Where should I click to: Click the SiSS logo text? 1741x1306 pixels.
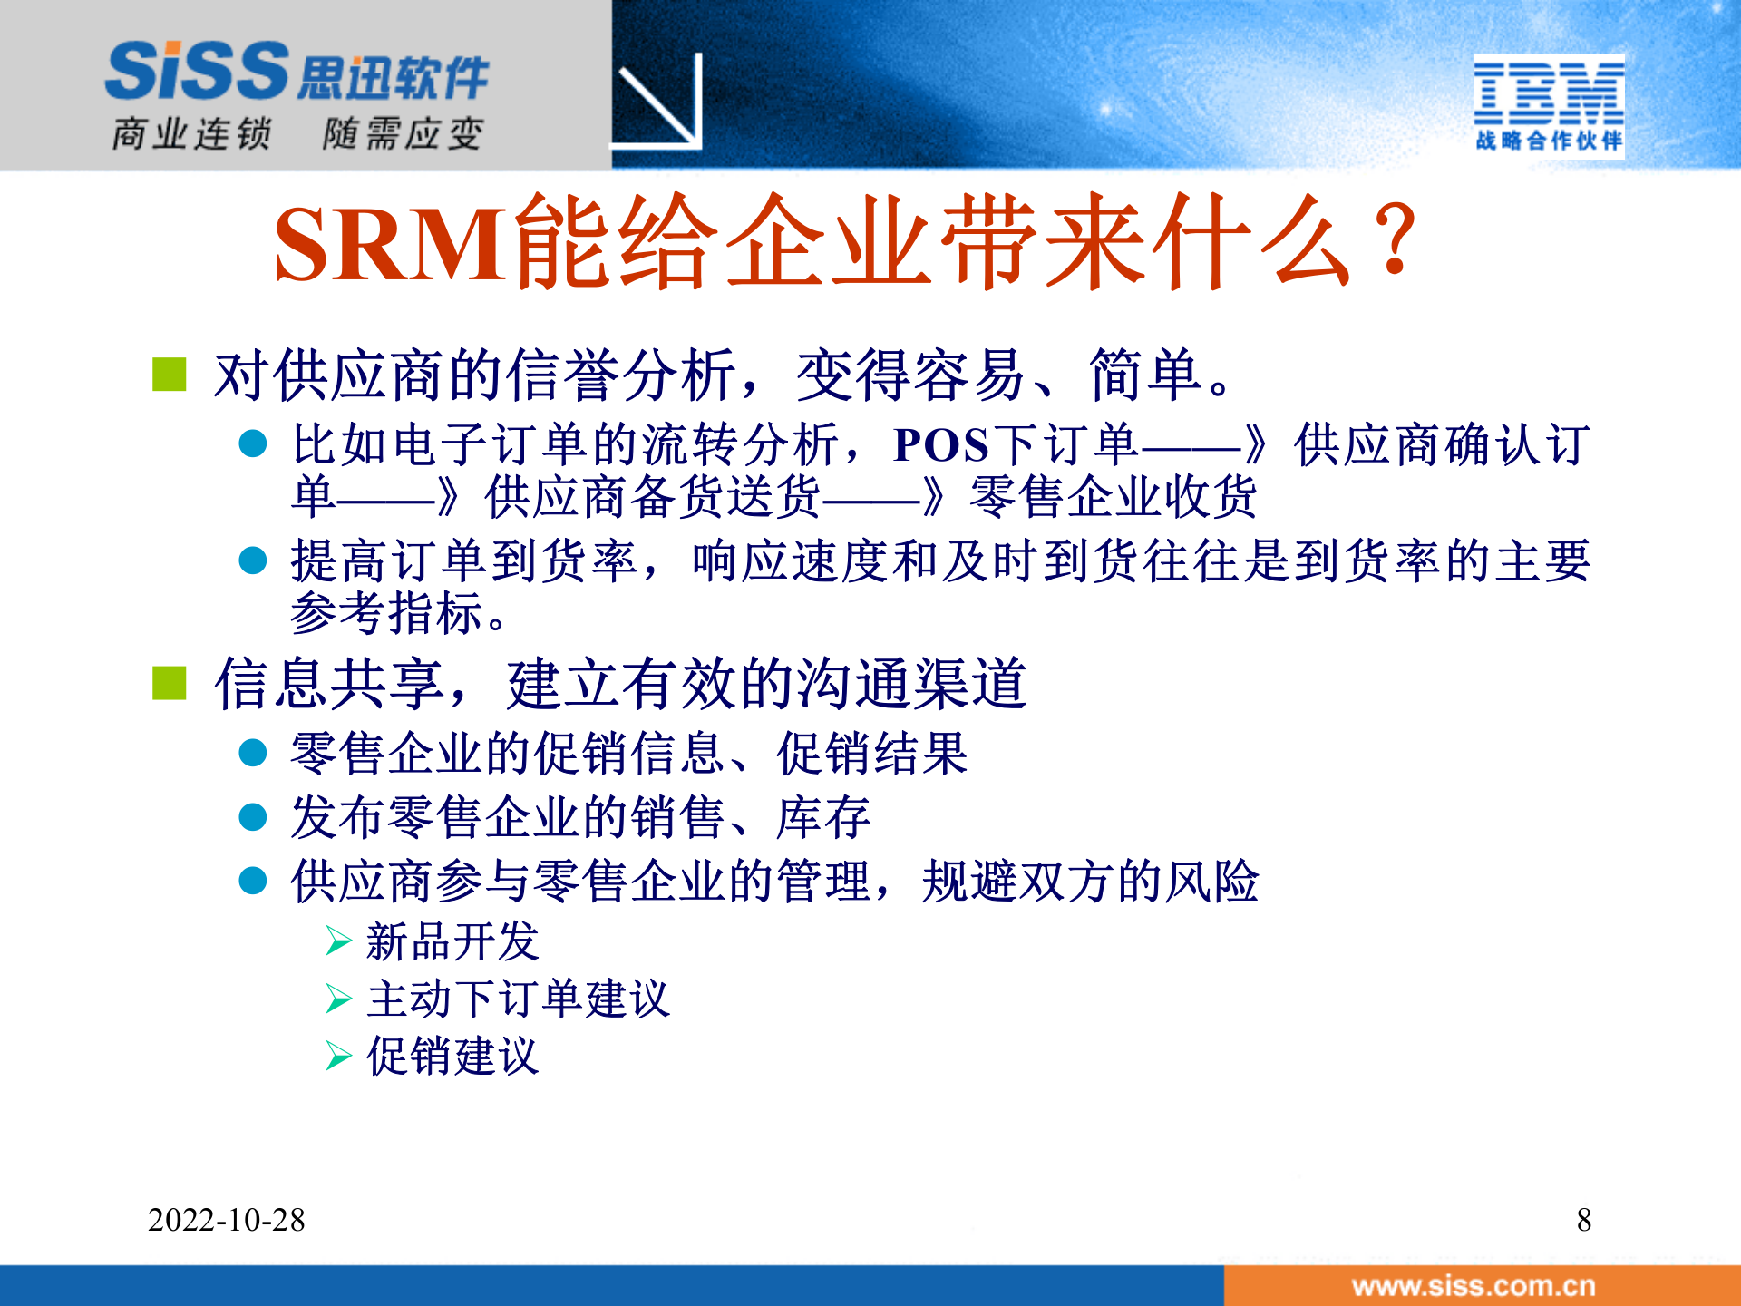point(198,71)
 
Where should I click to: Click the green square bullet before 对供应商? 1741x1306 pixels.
point(170,375)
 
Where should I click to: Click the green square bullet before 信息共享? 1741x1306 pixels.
point(170,684)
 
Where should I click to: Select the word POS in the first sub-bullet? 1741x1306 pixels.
point(940,445)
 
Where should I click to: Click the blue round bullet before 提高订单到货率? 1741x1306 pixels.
point(252,560)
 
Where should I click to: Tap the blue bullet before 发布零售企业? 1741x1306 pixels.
point(252,817)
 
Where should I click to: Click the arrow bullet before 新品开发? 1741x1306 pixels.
point(338,941)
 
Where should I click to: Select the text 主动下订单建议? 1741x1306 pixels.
point(518,999)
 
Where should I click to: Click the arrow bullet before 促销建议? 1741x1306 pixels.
point(338,1056)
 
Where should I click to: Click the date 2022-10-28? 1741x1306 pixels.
point(226,1220)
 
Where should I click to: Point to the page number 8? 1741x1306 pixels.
point(1583,1220)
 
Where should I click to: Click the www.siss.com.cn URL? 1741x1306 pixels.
point(1473,1286)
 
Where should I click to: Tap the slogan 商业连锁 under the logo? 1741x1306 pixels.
point(191,134)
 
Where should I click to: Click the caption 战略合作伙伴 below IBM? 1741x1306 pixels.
point(1548,141)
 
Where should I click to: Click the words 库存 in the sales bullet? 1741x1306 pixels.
point(823,817)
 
